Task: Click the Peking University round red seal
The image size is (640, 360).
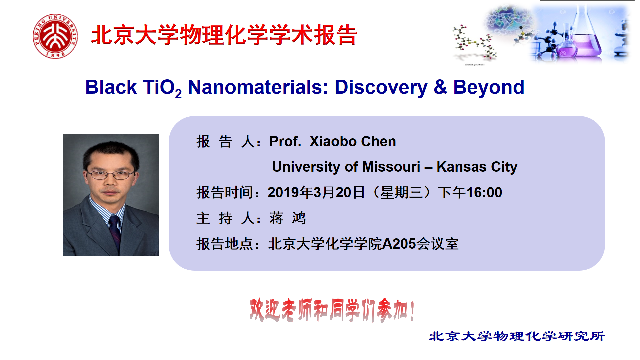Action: tap(55, 36)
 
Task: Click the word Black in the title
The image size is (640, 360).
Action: tap(111, 87)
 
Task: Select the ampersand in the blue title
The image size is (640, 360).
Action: tap(440, 87)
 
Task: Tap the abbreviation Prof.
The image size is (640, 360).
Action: tap(285, 141)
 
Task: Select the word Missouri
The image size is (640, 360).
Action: tap(391, 167)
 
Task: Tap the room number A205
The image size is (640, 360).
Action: tap(399, 244)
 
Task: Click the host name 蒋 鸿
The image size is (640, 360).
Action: tap(288, 218)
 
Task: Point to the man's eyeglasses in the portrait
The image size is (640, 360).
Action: tap(111, 174)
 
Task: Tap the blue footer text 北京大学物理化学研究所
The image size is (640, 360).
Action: tap(517, 336)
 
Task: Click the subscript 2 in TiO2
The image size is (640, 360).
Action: tap(178, 94)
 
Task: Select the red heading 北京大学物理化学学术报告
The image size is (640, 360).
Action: tap(224, 35)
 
